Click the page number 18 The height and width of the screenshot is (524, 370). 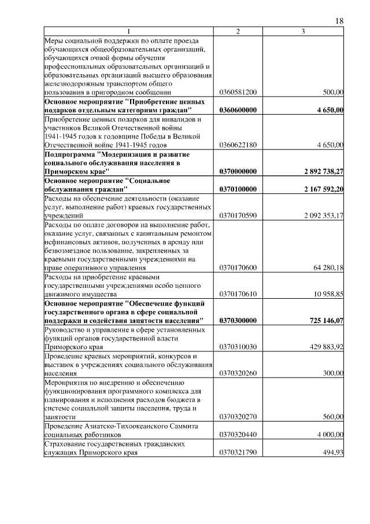339,21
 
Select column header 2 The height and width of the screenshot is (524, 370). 238,31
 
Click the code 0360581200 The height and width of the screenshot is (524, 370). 238,92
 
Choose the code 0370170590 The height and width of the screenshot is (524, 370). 238,215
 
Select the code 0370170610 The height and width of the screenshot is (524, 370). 238,294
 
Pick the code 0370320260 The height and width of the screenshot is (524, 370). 238,373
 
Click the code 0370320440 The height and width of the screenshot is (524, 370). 238,434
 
